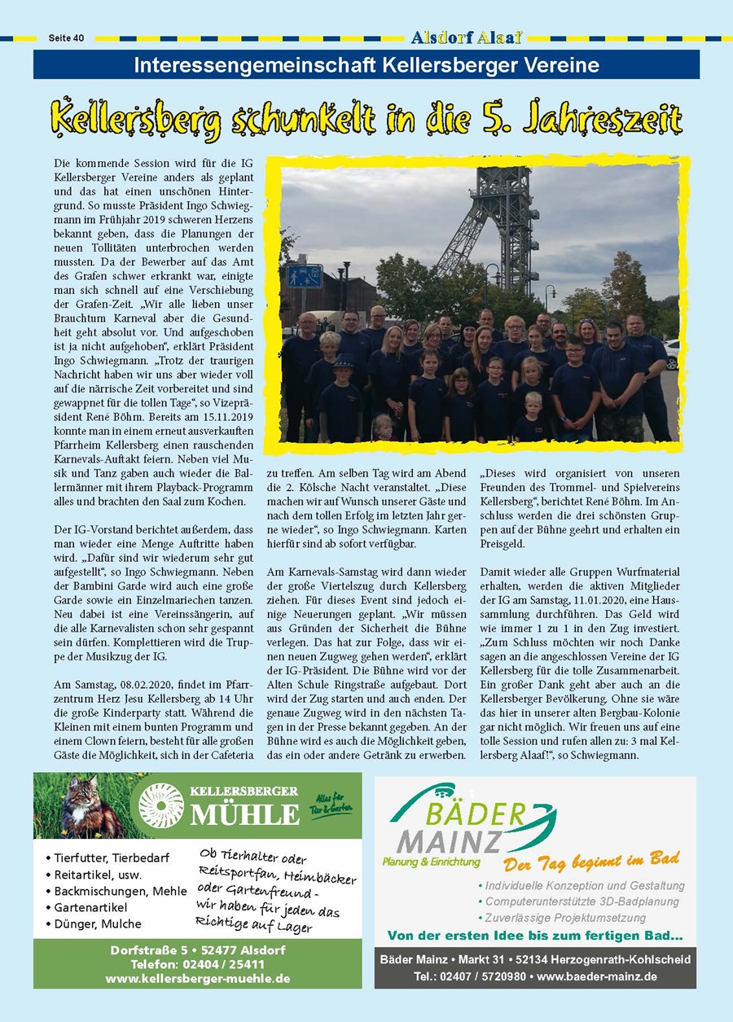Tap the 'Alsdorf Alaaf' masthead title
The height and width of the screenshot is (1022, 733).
click(x=467, y=37)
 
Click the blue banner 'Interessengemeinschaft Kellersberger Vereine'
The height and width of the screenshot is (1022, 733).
click(x=366, y=65)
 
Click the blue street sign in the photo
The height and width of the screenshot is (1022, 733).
click(x=304, y=277)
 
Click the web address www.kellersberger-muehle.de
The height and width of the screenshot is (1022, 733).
click(x=198, y=978)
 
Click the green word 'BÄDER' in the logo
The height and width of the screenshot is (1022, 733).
click(x=485, y=814)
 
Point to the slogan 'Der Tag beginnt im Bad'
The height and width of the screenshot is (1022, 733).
click(x=591, y=861)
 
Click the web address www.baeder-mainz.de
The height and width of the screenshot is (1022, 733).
click(x=597, y=976)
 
